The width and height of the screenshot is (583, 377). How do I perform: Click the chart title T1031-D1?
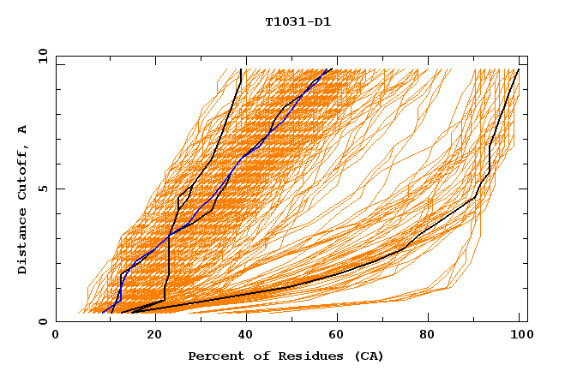(298, 22)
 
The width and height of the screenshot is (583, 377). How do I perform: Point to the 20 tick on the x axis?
(148, 335)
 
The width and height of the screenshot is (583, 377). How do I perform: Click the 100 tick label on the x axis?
(520, 335)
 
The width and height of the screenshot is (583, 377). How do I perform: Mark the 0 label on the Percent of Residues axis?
(56, 335)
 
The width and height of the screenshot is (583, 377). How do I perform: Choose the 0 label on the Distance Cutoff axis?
(42, 322)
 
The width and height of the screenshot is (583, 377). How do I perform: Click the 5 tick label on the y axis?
(42, 188)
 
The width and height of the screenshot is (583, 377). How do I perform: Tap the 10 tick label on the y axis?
(39, 56)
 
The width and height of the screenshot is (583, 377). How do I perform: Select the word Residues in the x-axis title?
(304, 356)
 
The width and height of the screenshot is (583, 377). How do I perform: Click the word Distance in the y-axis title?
(23, 242)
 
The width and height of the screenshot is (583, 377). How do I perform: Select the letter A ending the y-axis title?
(23, 129)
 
